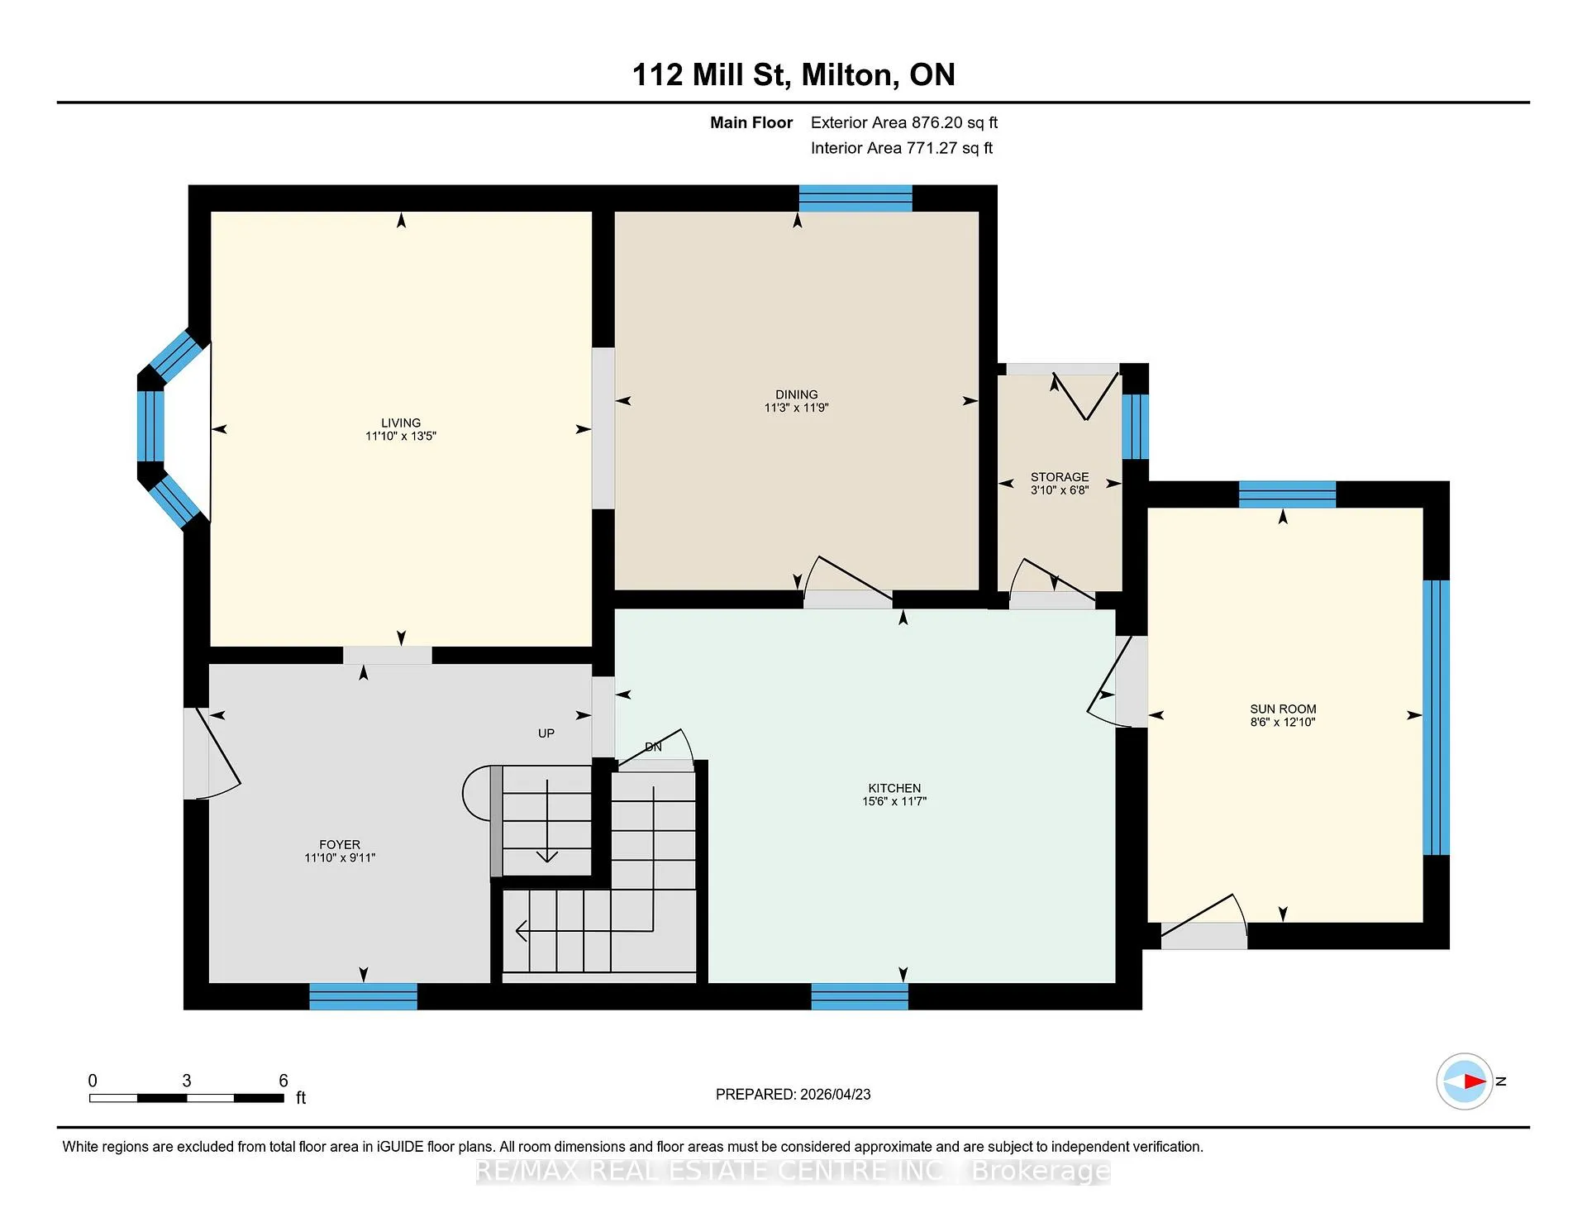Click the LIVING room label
(x=401, y=423)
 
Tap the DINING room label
(x=797, y=394)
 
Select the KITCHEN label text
(x=894, y=788)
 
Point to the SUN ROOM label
(x=1283, y=709)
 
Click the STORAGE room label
(x=1060, y=477)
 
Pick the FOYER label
(x=340, y=844)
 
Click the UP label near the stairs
(x=546, y=733)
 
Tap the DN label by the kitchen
(x=653, y=747)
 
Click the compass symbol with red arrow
(x=1465, y=1081)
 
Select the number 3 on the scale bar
(x=187, y=1081)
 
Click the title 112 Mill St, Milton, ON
(x=793, y=74)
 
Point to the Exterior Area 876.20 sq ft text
(x=904, y=122)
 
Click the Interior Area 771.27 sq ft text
(x=902, y=148)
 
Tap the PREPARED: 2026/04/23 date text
(x=793, y=1094)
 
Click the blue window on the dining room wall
(x=855, y=198)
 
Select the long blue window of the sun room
(x=1437, y=717)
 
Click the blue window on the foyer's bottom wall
(x=363, y=996)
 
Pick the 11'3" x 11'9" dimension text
(x=796, y=408)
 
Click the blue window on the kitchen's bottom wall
(x=860, y=996)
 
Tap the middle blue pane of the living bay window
(x=150, y=426)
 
